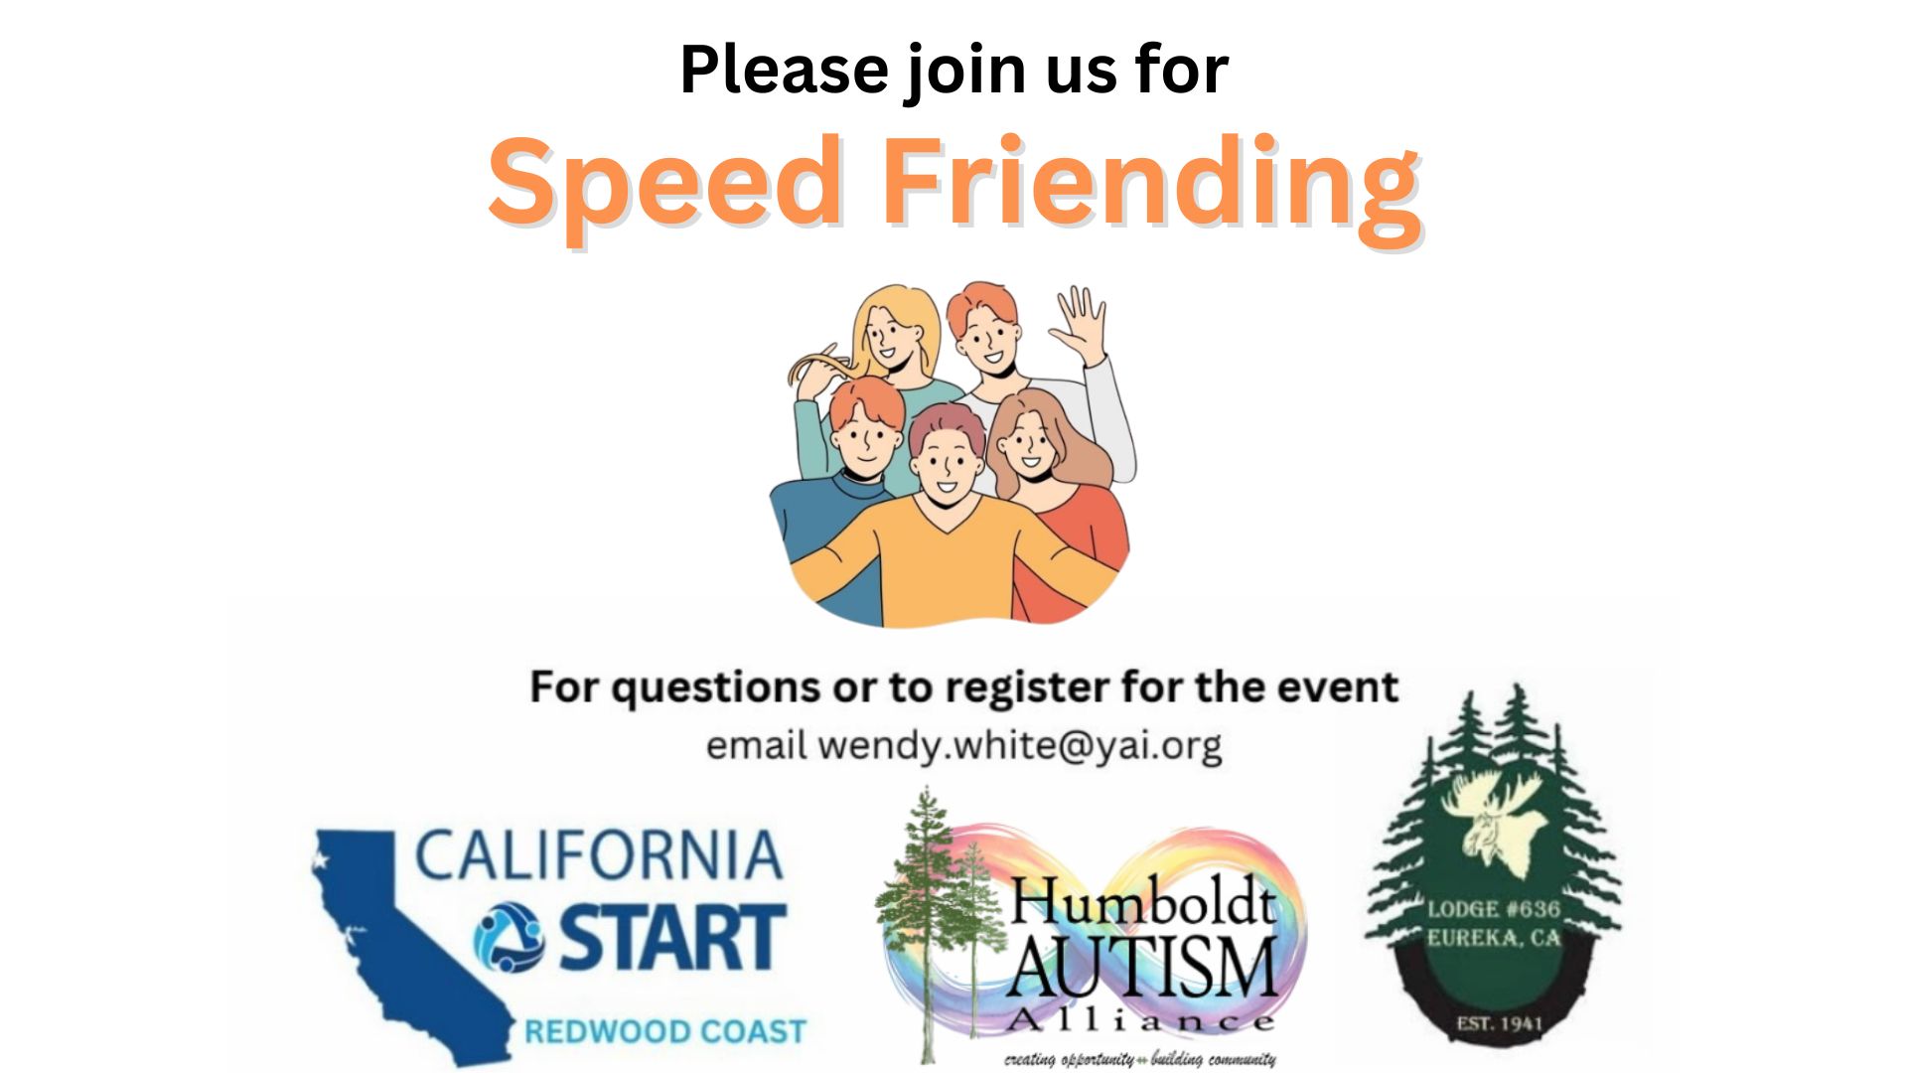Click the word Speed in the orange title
point(663,180)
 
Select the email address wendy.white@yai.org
point(1020,745)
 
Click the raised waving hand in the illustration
point(1080,323)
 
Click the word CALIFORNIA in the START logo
point(598,856)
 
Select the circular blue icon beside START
point(509,936)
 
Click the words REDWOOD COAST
point(664,1031)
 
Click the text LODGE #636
point(1494,908)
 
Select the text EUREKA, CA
point(1494,938)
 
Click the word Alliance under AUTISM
point(1140,1020)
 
